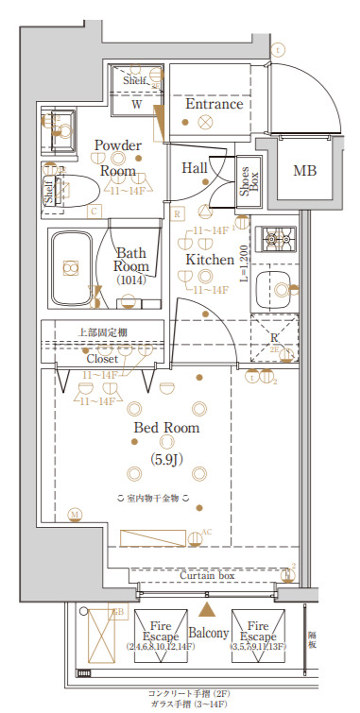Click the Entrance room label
pyautogui.click(x=214, y=104)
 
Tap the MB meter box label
pyautogui.click(x=304, y=171)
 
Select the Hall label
pyautogui.click(x=195, y=167)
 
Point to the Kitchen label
pyautogui.click(x=209, y=259)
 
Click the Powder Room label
pyautogui.click(x=119, y=159)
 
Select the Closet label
pyautogui.click(x=102, y=359)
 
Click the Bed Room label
pyautogui.click(x=166, y=428)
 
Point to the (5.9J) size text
pyautogui.click(x=167, y=460)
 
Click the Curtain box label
pyautogui.click(x=208, y=574)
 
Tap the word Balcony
pyautogui.click(x=208, y=633)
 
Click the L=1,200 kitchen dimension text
pyautogui.click(x=243, y=267)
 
